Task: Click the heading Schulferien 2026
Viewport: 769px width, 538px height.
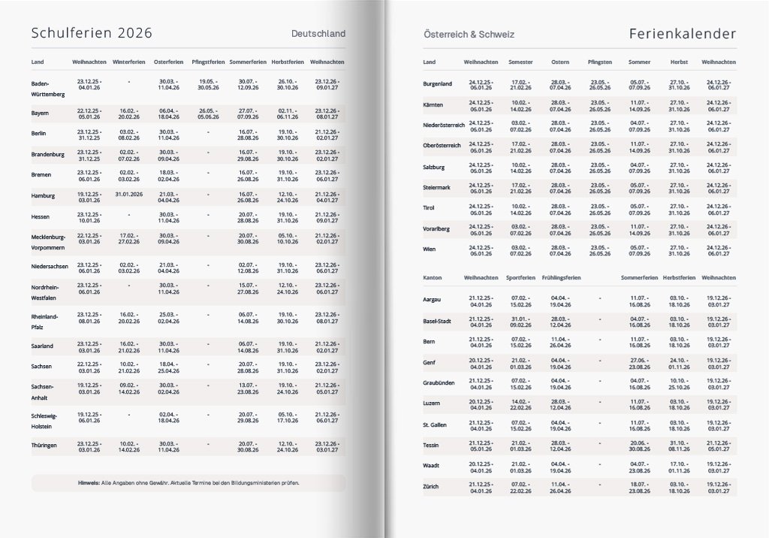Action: [x=91, y=33]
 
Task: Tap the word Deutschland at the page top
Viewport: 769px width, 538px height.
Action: [x=318, y=34]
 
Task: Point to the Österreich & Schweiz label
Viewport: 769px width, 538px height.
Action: [x=469, y=35]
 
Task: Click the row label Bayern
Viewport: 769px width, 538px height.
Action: [x=41, y=113]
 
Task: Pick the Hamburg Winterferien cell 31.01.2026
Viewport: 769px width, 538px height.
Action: [x=129, y=194]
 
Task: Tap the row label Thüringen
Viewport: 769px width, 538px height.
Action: [x=44, y=446]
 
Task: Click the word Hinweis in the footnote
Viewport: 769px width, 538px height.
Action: [x=89, y=482]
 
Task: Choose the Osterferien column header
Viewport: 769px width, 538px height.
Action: [x=168, y=61]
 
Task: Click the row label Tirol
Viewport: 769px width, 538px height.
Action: [x=429, y=207]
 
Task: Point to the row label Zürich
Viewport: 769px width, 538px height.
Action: [x=432, y=487]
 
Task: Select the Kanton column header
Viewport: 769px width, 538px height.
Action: [x=433, y=278]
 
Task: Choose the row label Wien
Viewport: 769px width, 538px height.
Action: [x=430, y=249]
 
